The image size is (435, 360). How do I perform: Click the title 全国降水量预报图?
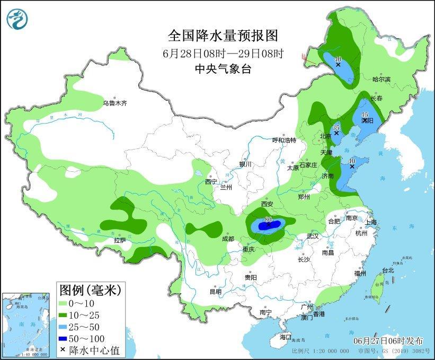(223, 36)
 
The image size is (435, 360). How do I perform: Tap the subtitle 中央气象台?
(223, 69)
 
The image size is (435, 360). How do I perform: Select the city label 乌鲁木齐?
(115, 103)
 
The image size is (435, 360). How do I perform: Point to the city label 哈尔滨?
(381, 79)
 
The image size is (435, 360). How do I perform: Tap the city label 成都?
(228, 239)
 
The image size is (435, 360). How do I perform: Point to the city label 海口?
(286, 337)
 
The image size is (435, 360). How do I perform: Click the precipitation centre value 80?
(268, 219)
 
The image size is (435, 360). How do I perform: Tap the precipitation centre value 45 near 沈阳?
(365, 115)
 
